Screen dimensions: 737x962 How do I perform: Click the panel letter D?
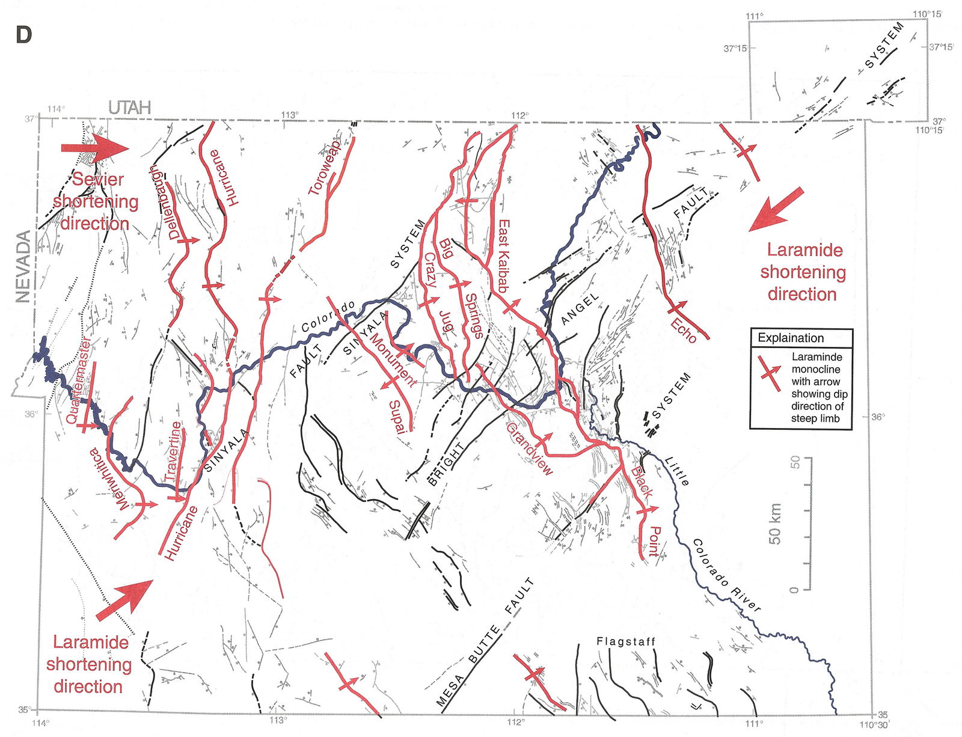click(x=23, y=35)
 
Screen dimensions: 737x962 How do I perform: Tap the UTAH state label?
click(x=129, y=108)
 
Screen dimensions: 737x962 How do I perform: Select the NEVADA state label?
click(x=23, y=266)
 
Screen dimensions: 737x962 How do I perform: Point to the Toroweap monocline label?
click(x=325, y=167)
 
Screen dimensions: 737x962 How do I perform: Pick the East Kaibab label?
click(x=504, y=255)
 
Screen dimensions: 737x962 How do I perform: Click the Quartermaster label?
click(x=79, y=381)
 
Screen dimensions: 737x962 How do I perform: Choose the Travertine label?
click(x=173, y=451)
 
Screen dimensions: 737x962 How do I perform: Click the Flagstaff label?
click(x=625, y=641)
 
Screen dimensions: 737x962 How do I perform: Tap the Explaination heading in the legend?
click(x=790, y=338)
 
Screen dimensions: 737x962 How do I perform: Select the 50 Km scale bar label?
click(x=775, y=524)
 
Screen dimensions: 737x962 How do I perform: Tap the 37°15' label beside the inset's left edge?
click(x=735, y=49)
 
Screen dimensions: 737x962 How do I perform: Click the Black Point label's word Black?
click(x=641, y=482)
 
